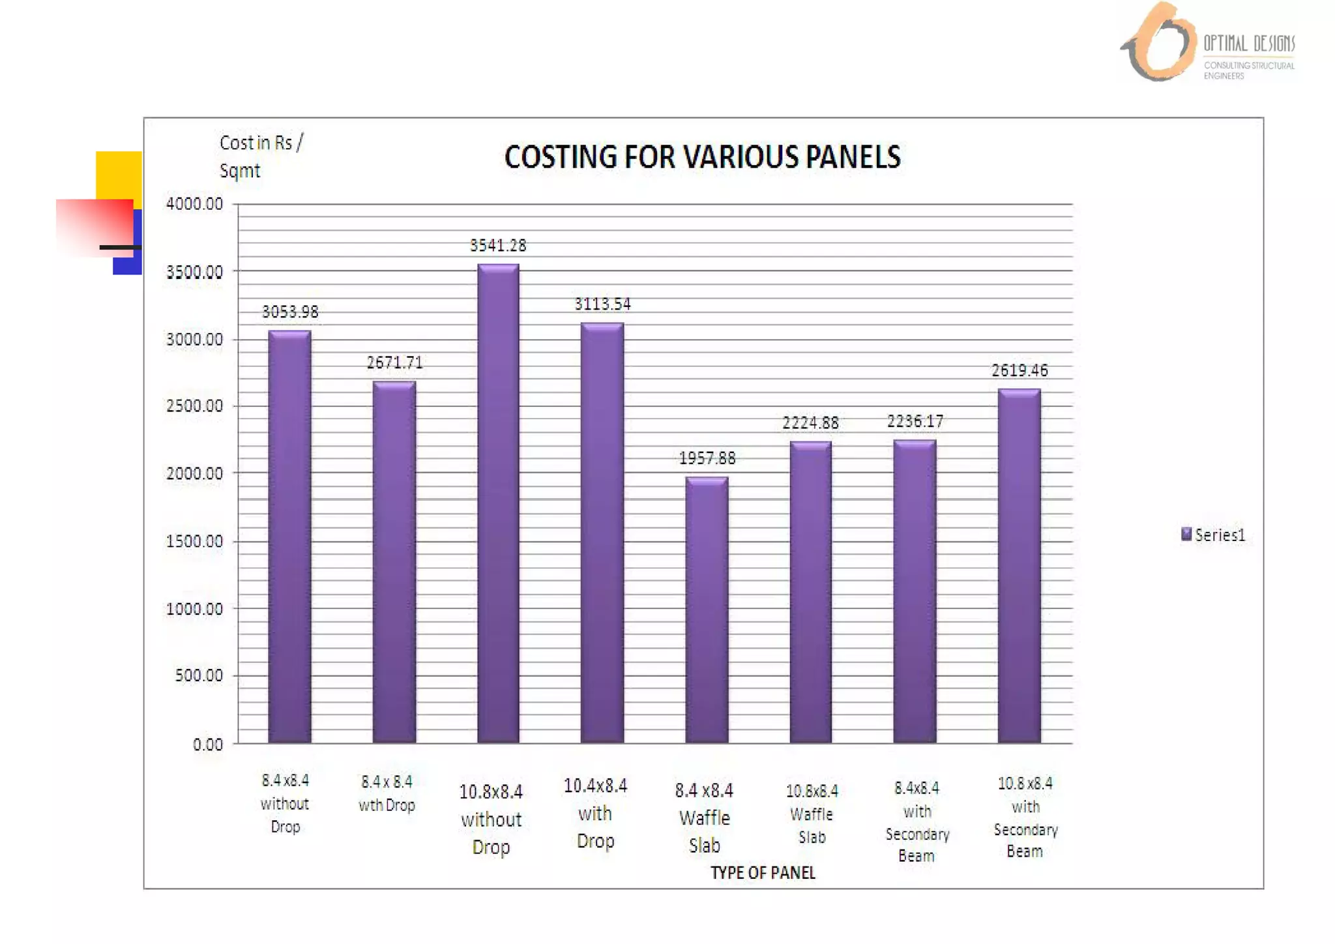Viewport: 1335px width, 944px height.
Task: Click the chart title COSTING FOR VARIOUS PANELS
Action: click(x=702, y=157)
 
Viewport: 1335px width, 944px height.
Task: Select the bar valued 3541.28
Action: click(x=498, y=502)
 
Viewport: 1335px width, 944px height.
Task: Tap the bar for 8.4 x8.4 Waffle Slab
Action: click(x=707, y=610)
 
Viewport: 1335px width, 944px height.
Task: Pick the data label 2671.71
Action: click(x=394, y=362)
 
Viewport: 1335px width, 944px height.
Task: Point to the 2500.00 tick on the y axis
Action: click(x=194, y=406)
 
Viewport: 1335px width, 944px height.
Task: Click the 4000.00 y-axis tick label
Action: click(x=194, y=204)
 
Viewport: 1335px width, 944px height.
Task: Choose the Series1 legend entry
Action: click(x=1213, y=535)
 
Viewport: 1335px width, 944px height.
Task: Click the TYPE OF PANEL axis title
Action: click(x=763, y=873)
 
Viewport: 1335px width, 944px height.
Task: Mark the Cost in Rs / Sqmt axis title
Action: click(x=260, y=156)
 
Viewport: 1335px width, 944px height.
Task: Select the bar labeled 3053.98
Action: click(x=289, y=536)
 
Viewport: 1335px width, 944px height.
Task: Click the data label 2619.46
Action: click(x=1020, y=371)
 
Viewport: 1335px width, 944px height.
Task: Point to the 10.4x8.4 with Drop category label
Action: click(x=595, y=813)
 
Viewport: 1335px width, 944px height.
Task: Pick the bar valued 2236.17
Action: click(x=915, y=591)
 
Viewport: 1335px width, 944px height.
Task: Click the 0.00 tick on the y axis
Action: click(x=207, y=745)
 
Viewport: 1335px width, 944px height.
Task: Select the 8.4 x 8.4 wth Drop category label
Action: click(x=387, y=793)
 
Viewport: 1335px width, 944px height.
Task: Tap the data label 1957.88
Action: click(x=707, y=458)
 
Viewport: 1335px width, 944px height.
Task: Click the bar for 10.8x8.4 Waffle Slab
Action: click(x=810, y=591)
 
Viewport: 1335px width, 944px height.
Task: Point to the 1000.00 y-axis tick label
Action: click(x=194, y=609)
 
